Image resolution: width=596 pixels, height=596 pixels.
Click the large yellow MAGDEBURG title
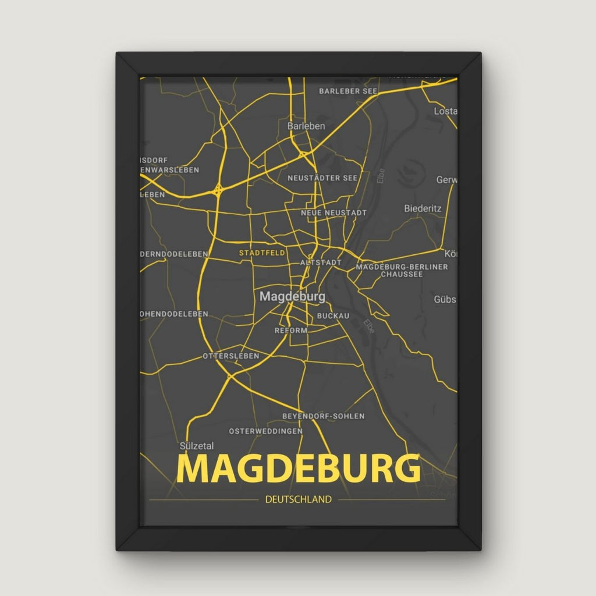298,469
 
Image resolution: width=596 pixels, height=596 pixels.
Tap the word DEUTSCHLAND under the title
298,499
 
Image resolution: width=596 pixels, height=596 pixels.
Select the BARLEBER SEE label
348,91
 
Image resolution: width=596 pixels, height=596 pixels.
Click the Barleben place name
306,126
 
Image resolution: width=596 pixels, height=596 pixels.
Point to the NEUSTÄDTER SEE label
322,178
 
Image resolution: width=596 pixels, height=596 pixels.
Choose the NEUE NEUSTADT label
334,213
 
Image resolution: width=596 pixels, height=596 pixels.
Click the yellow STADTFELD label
262,253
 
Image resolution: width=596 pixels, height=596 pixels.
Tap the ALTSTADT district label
321,262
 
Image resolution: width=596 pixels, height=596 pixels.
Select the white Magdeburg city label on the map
292,296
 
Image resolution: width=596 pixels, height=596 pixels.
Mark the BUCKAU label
333,315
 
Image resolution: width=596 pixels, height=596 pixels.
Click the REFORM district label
290,330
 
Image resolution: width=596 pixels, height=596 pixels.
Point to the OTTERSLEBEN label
231,356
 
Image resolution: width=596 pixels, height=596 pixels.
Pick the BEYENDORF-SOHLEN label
323,416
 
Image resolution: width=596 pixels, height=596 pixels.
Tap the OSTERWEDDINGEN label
265,431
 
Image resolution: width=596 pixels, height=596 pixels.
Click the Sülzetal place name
197,446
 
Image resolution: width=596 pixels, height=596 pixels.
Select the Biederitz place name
423,208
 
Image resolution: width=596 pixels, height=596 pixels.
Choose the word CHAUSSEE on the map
402,274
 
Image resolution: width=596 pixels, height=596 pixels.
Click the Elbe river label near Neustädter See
381,176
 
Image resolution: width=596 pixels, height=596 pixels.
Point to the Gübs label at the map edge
445,299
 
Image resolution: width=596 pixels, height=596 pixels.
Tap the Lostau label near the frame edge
445,111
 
